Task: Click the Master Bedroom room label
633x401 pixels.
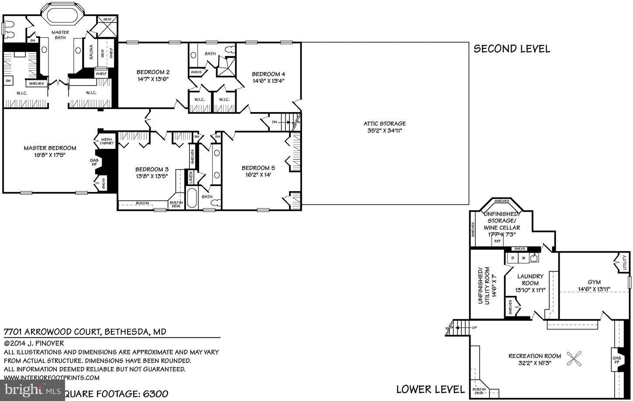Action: (x=50, y=148)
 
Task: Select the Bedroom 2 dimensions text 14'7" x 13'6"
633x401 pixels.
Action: (x=152, y=79)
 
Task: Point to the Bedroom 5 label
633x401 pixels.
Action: (x=258, y=168)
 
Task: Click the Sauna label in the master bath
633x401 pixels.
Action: (x=91, y=52)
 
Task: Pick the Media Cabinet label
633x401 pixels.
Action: (x=107, y=141)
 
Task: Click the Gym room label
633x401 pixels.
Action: (x=594, y=282)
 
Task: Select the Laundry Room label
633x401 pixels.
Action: (x=530, y=279)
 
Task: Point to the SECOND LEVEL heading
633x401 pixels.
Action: (x=512, y=48)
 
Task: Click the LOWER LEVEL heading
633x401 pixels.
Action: (x=430, y=389)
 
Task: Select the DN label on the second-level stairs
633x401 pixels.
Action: (x=274, y=122)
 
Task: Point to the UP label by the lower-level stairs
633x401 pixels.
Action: (x=474, y=327)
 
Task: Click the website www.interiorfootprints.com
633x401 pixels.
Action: (x=52, y=377)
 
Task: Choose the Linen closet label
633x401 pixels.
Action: (x=190, y=177)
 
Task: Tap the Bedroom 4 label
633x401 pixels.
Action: (x=268, y=74)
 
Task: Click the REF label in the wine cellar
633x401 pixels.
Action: (x=497, y=241)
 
